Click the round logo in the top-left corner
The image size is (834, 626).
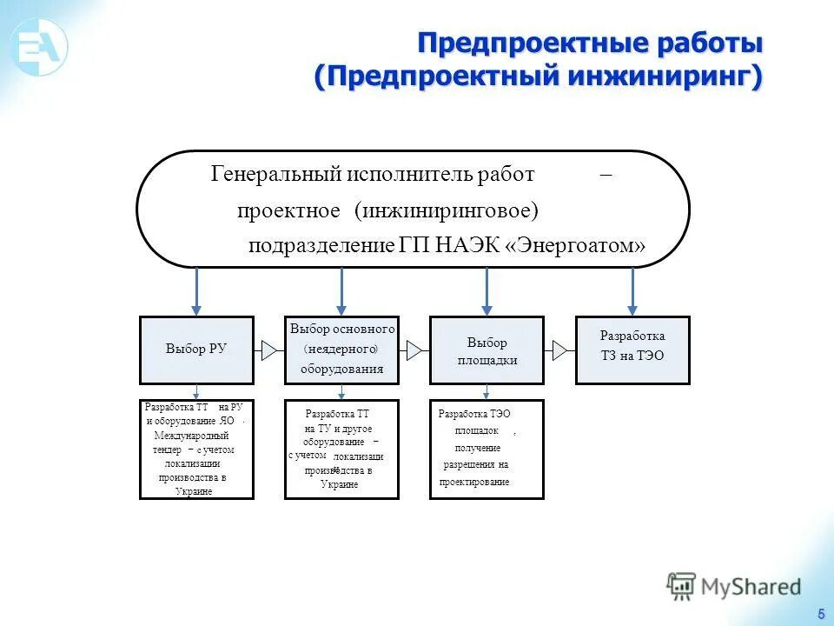pos(38,44)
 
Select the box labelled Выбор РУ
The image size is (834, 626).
pos(196,350)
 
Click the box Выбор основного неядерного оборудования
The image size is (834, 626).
pos(341,350)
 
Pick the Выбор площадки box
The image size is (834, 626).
pos(486,350)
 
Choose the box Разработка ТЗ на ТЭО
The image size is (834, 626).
pos(632,350)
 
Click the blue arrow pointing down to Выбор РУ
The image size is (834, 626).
pos(197,290)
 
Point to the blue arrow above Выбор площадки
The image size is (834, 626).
pos(486,290)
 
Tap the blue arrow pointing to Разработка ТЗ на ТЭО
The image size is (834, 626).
pos(632,290)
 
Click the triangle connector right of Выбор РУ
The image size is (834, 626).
pos(269,350)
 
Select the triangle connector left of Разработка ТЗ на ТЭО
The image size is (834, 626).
pos(559,350)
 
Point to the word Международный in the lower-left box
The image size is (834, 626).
pos(191,436)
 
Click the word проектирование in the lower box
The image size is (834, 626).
pos(474,482)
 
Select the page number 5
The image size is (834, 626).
pos(820,614)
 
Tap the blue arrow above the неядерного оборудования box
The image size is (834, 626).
pos(342,290)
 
